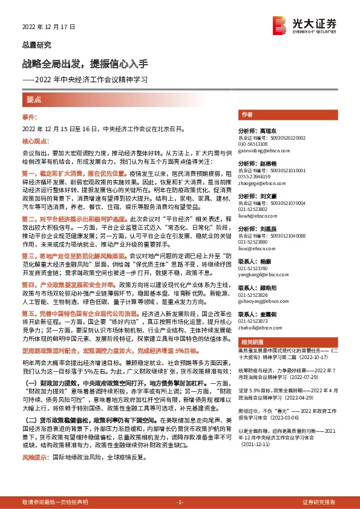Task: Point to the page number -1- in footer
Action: [179, 502]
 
